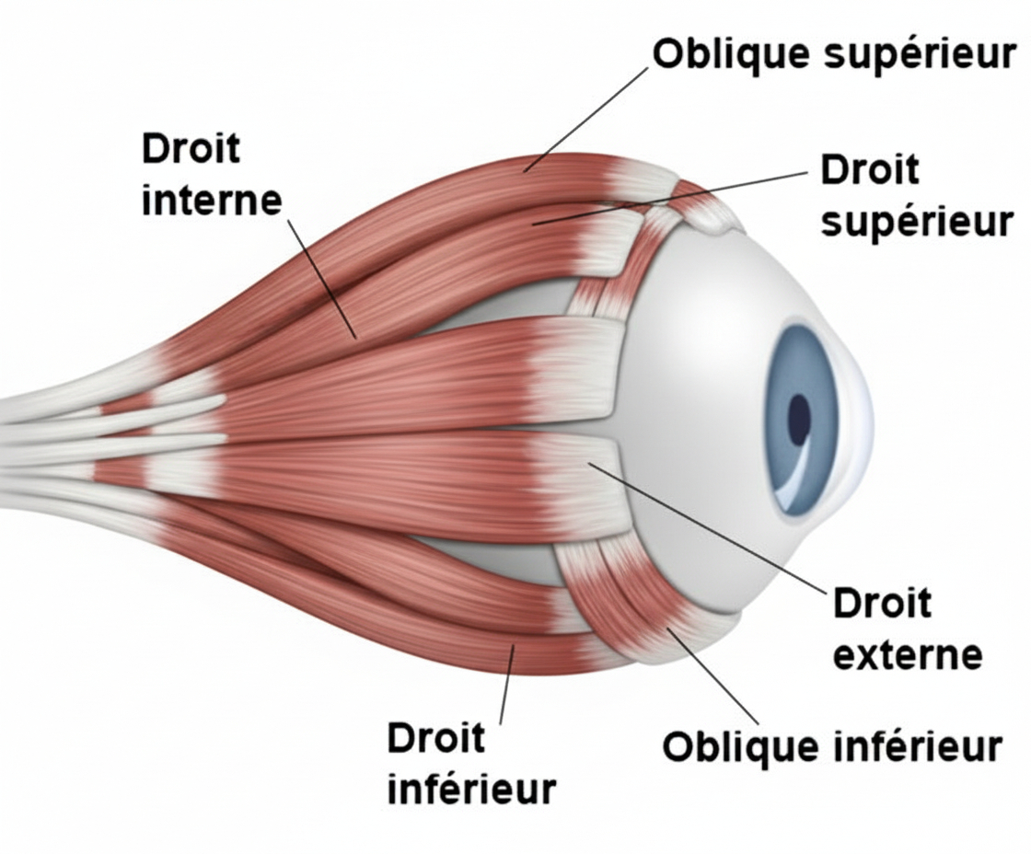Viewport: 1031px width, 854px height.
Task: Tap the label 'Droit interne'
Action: [x=211, y=174]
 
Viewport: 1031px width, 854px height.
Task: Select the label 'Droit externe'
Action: [x=906, y=629]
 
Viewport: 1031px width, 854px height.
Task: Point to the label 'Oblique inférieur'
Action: [x=831, y=746]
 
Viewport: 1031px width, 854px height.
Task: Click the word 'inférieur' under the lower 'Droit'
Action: [x=471, y=790]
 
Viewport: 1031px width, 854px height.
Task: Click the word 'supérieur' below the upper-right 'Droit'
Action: [x=916, y=222]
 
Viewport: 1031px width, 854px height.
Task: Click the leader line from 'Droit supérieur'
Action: [x=672, y=197]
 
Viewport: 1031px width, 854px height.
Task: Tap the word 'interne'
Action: [x=211, y=200]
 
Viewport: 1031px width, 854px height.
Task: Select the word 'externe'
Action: [x=907, y=655]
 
